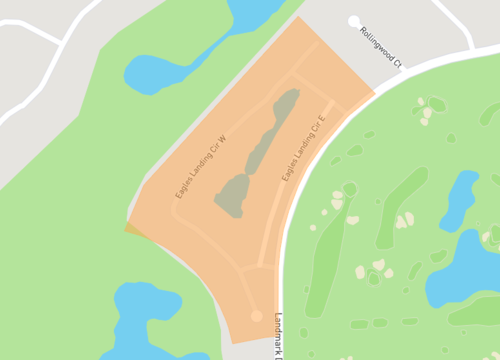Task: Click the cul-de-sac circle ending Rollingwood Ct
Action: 353,21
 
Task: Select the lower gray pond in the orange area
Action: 236,196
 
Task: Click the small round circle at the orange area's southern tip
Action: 257,316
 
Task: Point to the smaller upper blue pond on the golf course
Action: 459,199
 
